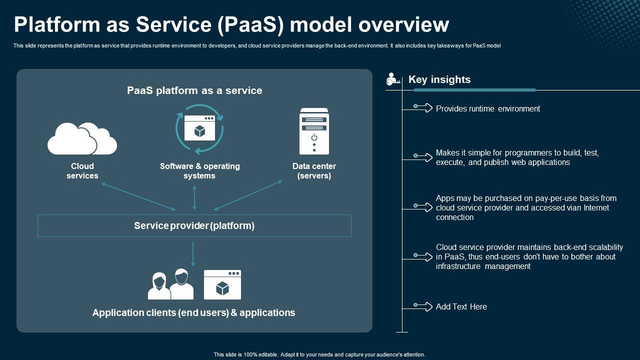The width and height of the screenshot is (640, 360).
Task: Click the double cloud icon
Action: [x=82, y=138]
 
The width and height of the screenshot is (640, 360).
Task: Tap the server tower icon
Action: [x=314, y=131]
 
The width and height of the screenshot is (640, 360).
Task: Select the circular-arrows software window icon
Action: [x=199, y=129]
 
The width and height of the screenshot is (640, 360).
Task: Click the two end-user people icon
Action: [x=170, y=284]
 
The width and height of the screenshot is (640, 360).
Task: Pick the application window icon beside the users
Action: [x=222, y=284]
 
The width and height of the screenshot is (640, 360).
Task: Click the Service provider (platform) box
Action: [x=194, y=225]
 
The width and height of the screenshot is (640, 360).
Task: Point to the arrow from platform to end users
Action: [x=193, y=254]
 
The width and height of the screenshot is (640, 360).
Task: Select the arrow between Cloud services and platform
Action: [x=138, y=197]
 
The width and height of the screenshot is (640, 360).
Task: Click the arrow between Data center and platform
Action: [x=248, y=195]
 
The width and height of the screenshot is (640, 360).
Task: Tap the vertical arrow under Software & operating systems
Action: [x=194, y=197]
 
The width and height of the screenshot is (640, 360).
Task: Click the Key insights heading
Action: [x=439, y=79]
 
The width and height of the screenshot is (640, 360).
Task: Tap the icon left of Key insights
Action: [x=393, y=79]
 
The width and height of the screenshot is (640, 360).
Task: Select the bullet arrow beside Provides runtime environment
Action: [x=423, y=107]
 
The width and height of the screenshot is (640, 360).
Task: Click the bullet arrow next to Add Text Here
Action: [x=423, y=306]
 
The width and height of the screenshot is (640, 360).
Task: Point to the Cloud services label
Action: [x=82, y=171]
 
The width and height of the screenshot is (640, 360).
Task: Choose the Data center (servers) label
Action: [x=314, y=171]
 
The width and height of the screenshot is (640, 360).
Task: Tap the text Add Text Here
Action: [x=461, y=306]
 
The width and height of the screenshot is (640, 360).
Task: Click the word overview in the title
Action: [x=403, y=25]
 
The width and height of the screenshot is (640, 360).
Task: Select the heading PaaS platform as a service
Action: [x=194, y=90]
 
